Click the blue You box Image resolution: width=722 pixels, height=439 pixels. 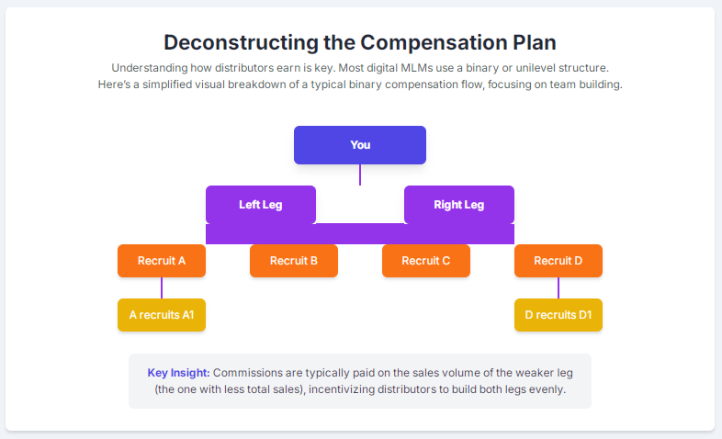360,145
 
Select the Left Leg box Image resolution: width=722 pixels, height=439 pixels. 261,205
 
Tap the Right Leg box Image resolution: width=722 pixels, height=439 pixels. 459,205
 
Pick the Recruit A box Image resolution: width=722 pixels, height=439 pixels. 162,261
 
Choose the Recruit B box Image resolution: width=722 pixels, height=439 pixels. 294,261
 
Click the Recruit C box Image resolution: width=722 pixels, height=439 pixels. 426,261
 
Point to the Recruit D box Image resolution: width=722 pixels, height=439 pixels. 558,261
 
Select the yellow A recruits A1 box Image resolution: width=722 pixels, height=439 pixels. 162,315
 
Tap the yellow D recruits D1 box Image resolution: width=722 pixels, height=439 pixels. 558,315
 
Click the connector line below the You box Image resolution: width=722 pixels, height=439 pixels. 360,174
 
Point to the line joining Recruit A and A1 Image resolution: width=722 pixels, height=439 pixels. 162,288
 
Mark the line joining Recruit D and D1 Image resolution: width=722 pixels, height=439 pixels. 558,288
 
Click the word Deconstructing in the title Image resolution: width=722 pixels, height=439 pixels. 241,43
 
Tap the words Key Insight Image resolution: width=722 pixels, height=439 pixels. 178,373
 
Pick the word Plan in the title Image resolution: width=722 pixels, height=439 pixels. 534,43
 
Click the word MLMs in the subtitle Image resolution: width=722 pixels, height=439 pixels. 416,68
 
